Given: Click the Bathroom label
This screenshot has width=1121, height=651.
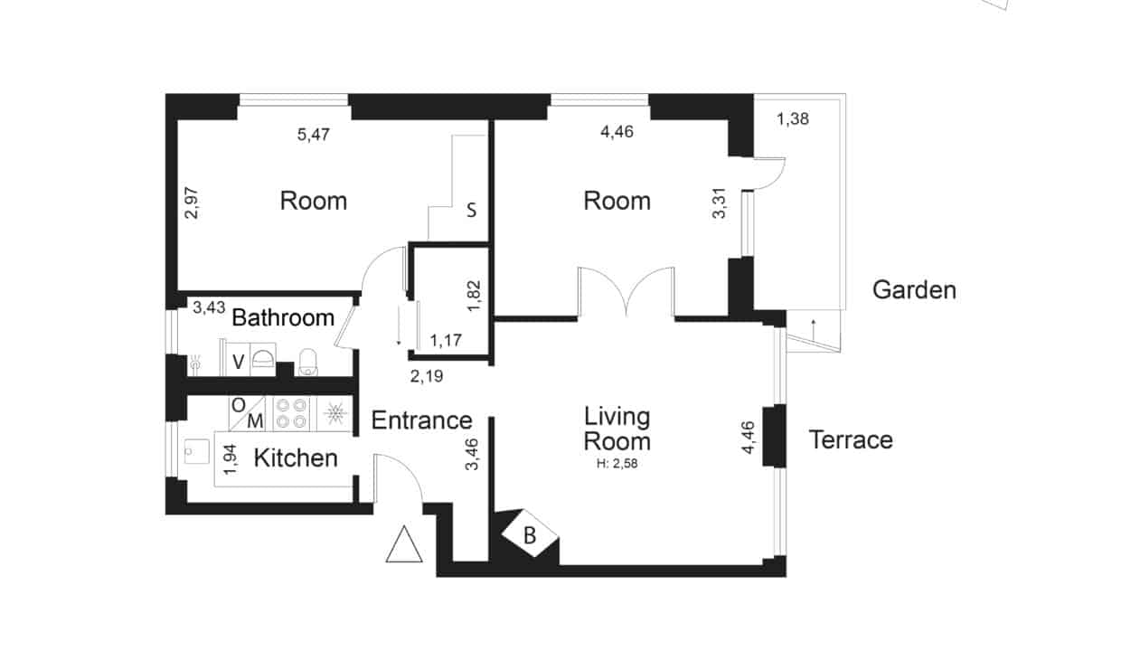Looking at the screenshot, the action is coord(283,317).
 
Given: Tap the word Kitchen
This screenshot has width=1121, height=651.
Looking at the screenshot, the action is coord(296,458).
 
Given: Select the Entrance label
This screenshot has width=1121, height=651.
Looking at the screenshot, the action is coord(422,420).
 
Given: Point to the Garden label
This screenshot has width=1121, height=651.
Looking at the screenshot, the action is coord(914,290).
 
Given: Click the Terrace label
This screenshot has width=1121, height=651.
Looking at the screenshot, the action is coord(851,439).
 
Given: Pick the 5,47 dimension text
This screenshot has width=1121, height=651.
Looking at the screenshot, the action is coord(314,134).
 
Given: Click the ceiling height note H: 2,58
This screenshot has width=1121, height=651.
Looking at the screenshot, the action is coord(617,463).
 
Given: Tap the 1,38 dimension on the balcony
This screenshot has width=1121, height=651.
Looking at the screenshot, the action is coord(793,118).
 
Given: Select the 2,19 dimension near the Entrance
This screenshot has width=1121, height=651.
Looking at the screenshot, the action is coord(427,376).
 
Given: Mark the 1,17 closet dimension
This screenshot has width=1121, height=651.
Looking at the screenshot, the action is coord(446,340).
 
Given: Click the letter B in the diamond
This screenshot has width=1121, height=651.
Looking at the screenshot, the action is coord(530,535).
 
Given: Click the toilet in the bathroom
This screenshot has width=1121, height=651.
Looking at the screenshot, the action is coord(307,362).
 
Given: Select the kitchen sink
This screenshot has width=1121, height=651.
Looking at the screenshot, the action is coord(197,451).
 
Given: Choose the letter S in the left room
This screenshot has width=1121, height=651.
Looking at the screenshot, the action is coord(471,210).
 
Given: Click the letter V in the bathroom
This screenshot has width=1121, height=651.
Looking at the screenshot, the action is coord(239,362).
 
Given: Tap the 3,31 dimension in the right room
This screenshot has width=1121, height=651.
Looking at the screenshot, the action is coord(719,203).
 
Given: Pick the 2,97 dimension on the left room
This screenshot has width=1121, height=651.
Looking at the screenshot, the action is coord(191,203).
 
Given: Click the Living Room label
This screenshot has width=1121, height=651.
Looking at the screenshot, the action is coord(617,429).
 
